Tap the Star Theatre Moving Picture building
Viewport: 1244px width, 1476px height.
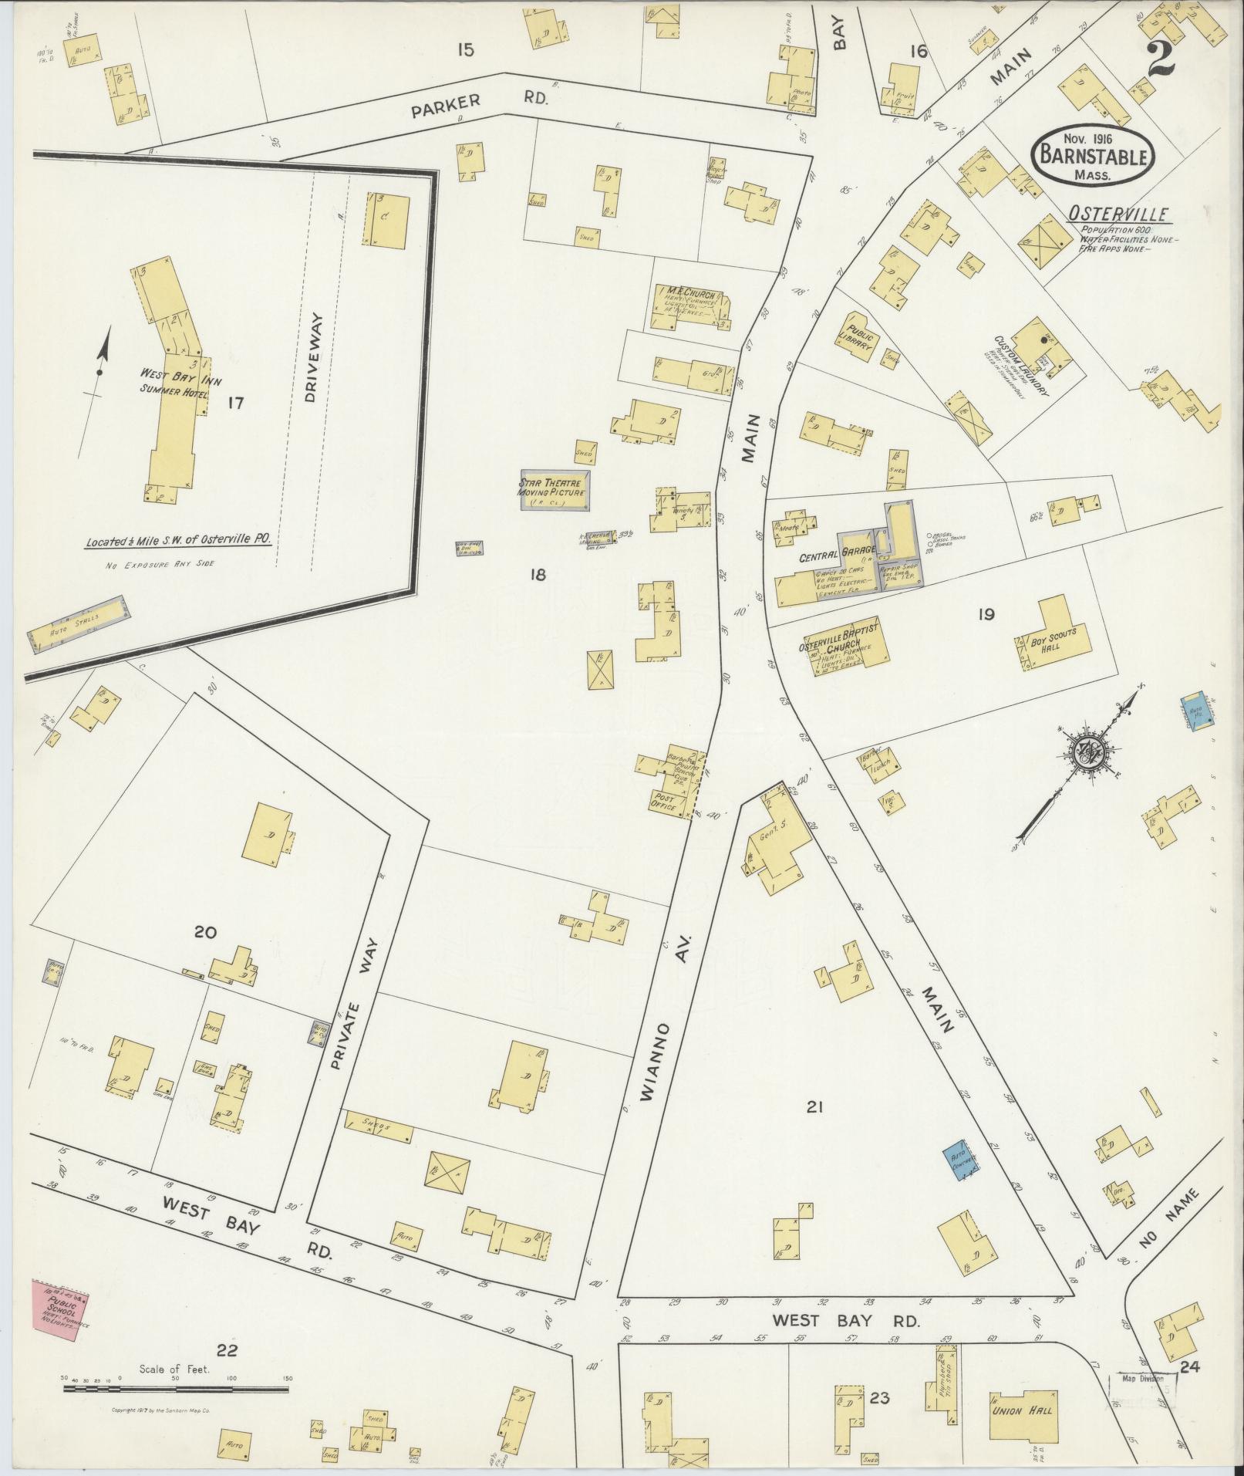pyautogui.click(x=551, y=489)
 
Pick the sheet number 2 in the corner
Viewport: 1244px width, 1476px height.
pyautogui.click(x=1159, y=59)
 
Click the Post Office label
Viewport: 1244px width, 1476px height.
pyautogui.click(x=664, y=802)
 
